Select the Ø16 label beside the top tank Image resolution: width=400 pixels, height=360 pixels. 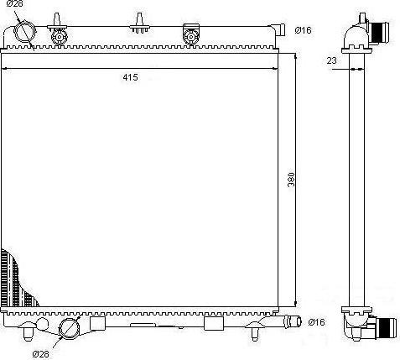click(303, 30)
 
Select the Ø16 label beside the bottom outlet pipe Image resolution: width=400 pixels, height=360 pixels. click(316, 322)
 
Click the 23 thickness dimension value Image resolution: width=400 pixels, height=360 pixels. click(333, 60)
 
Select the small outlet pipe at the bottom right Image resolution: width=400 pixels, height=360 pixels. click(293, 321)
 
